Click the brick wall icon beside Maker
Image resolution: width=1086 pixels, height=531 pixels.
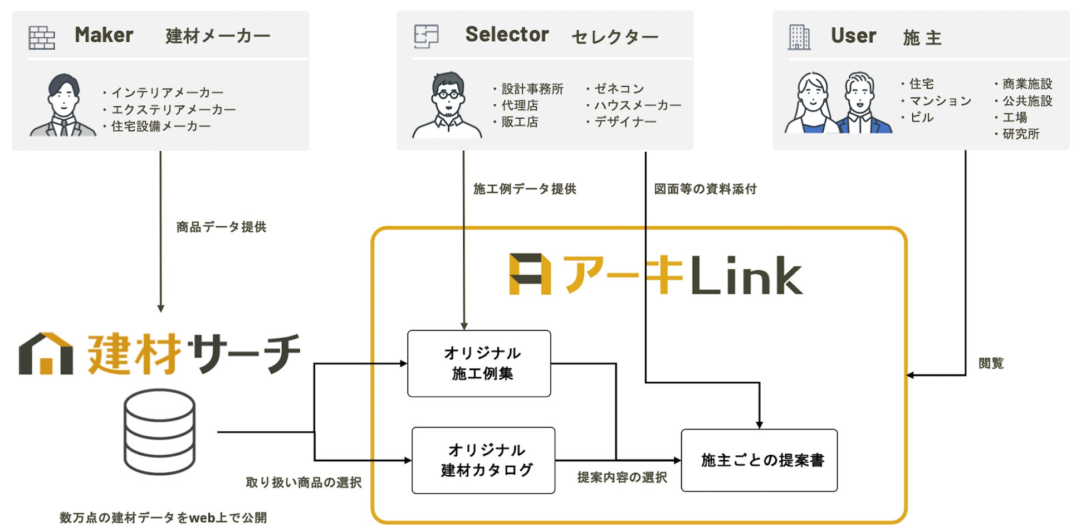(42, 38)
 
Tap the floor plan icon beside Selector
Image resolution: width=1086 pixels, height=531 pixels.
(426, 36)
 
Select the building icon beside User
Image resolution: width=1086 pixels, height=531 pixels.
(799, 37)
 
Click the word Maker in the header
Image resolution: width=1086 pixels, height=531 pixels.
(104, 35)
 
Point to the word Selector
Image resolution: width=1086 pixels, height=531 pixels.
(507, 35)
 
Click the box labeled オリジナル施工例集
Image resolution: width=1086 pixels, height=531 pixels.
(479, 363)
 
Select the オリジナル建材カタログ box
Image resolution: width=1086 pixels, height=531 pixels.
(483, 460)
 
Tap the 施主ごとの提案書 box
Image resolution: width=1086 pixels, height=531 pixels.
(759, 460)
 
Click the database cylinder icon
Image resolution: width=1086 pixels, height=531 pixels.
(160, 432)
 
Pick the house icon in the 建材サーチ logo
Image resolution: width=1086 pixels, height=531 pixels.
(46, 354)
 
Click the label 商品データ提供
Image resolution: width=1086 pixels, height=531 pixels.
(221, 227)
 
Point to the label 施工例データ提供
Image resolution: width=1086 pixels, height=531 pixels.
(524, 189)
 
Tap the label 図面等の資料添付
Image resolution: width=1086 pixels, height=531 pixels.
(705, 189)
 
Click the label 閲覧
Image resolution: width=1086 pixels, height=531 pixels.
(991, 363)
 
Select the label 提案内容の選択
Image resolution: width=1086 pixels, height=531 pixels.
(622, 478)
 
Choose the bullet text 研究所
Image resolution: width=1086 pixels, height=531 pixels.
(1021, 134)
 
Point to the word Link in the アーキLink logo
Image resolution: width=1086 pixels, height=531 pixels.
(746, 276)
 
